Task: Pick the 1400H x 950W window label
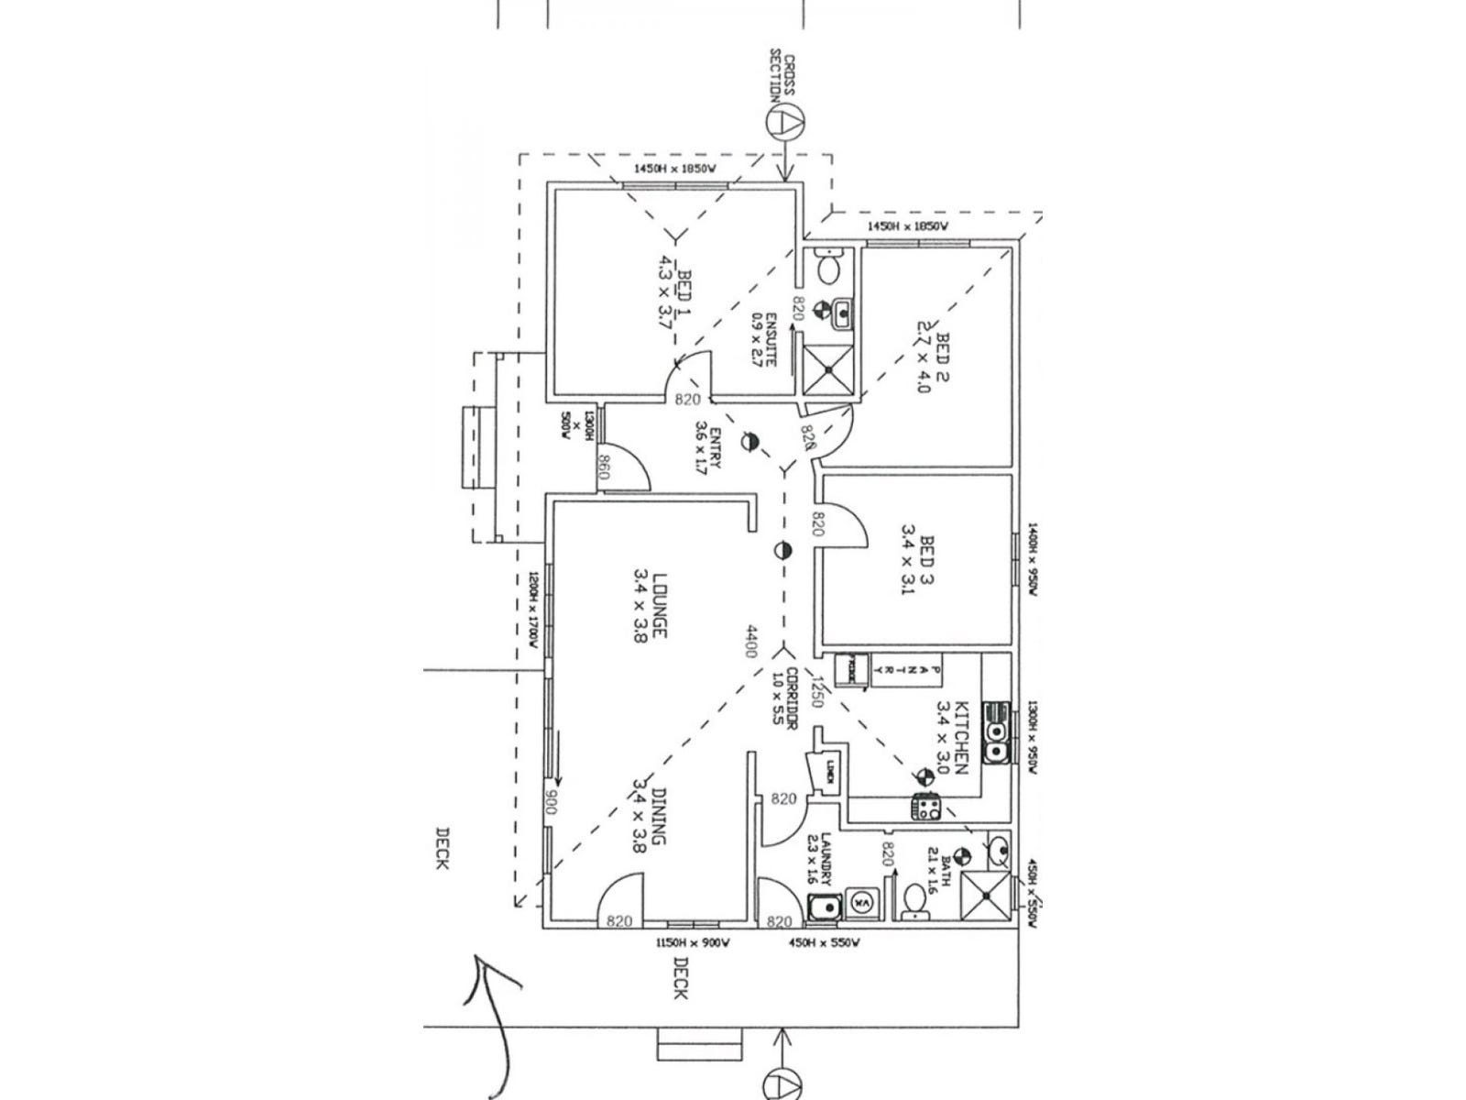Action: pyautogui.click(x=1032, y=560)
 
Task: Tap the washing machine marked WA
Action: pyautogui.click(x=861, y=901)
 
